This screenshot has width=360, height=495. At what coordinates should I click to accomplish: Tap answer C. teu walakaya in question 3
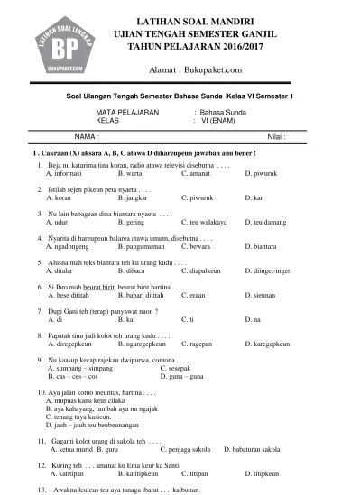pos(203,221)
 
